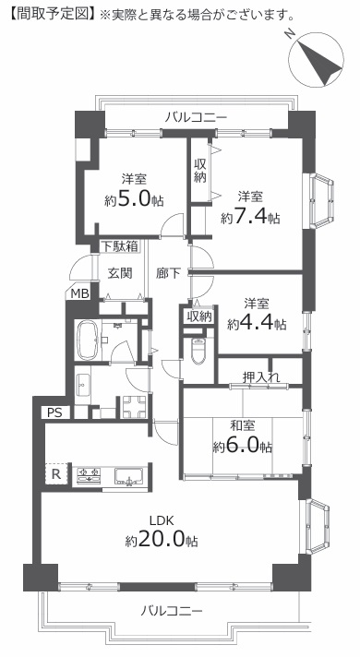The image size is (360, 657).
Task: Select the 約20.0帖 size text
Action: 162,541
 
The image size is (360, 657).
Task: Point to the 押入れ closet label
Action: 261,376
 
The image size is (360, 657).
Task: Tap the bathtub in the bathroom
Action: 88,340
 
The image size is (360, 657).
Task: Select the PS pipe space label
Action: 54,412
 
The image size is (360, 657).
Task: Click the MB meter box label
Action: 79,293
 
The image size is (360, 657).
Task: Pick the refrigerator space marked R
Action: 55,474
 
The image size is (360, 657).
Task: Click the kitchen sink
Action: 129,476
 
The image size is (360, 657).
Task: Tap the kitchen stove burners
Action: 89,475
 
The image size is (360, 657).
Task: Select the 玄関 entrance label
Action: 120,273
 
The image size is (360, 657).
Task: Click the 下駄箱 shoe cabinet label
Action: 119,246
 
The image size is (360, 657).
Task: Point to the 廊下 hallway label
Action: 168,273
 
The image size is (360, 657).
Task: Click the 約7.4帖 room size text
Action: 251,217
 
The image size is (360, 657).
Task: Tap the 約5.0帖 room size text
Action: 134,200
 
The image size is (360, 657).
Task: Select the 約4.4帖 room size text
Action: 257,323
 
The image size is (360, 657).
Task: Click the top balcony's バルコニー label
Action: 196,118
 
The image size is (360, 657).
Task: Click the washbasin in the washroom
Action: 82,384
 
